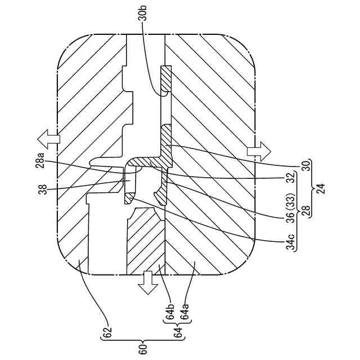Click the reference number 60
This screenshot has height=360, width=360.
[x=143, y=348]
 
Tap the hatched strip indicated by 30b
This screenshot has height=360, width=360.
[x=166, y=78]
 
